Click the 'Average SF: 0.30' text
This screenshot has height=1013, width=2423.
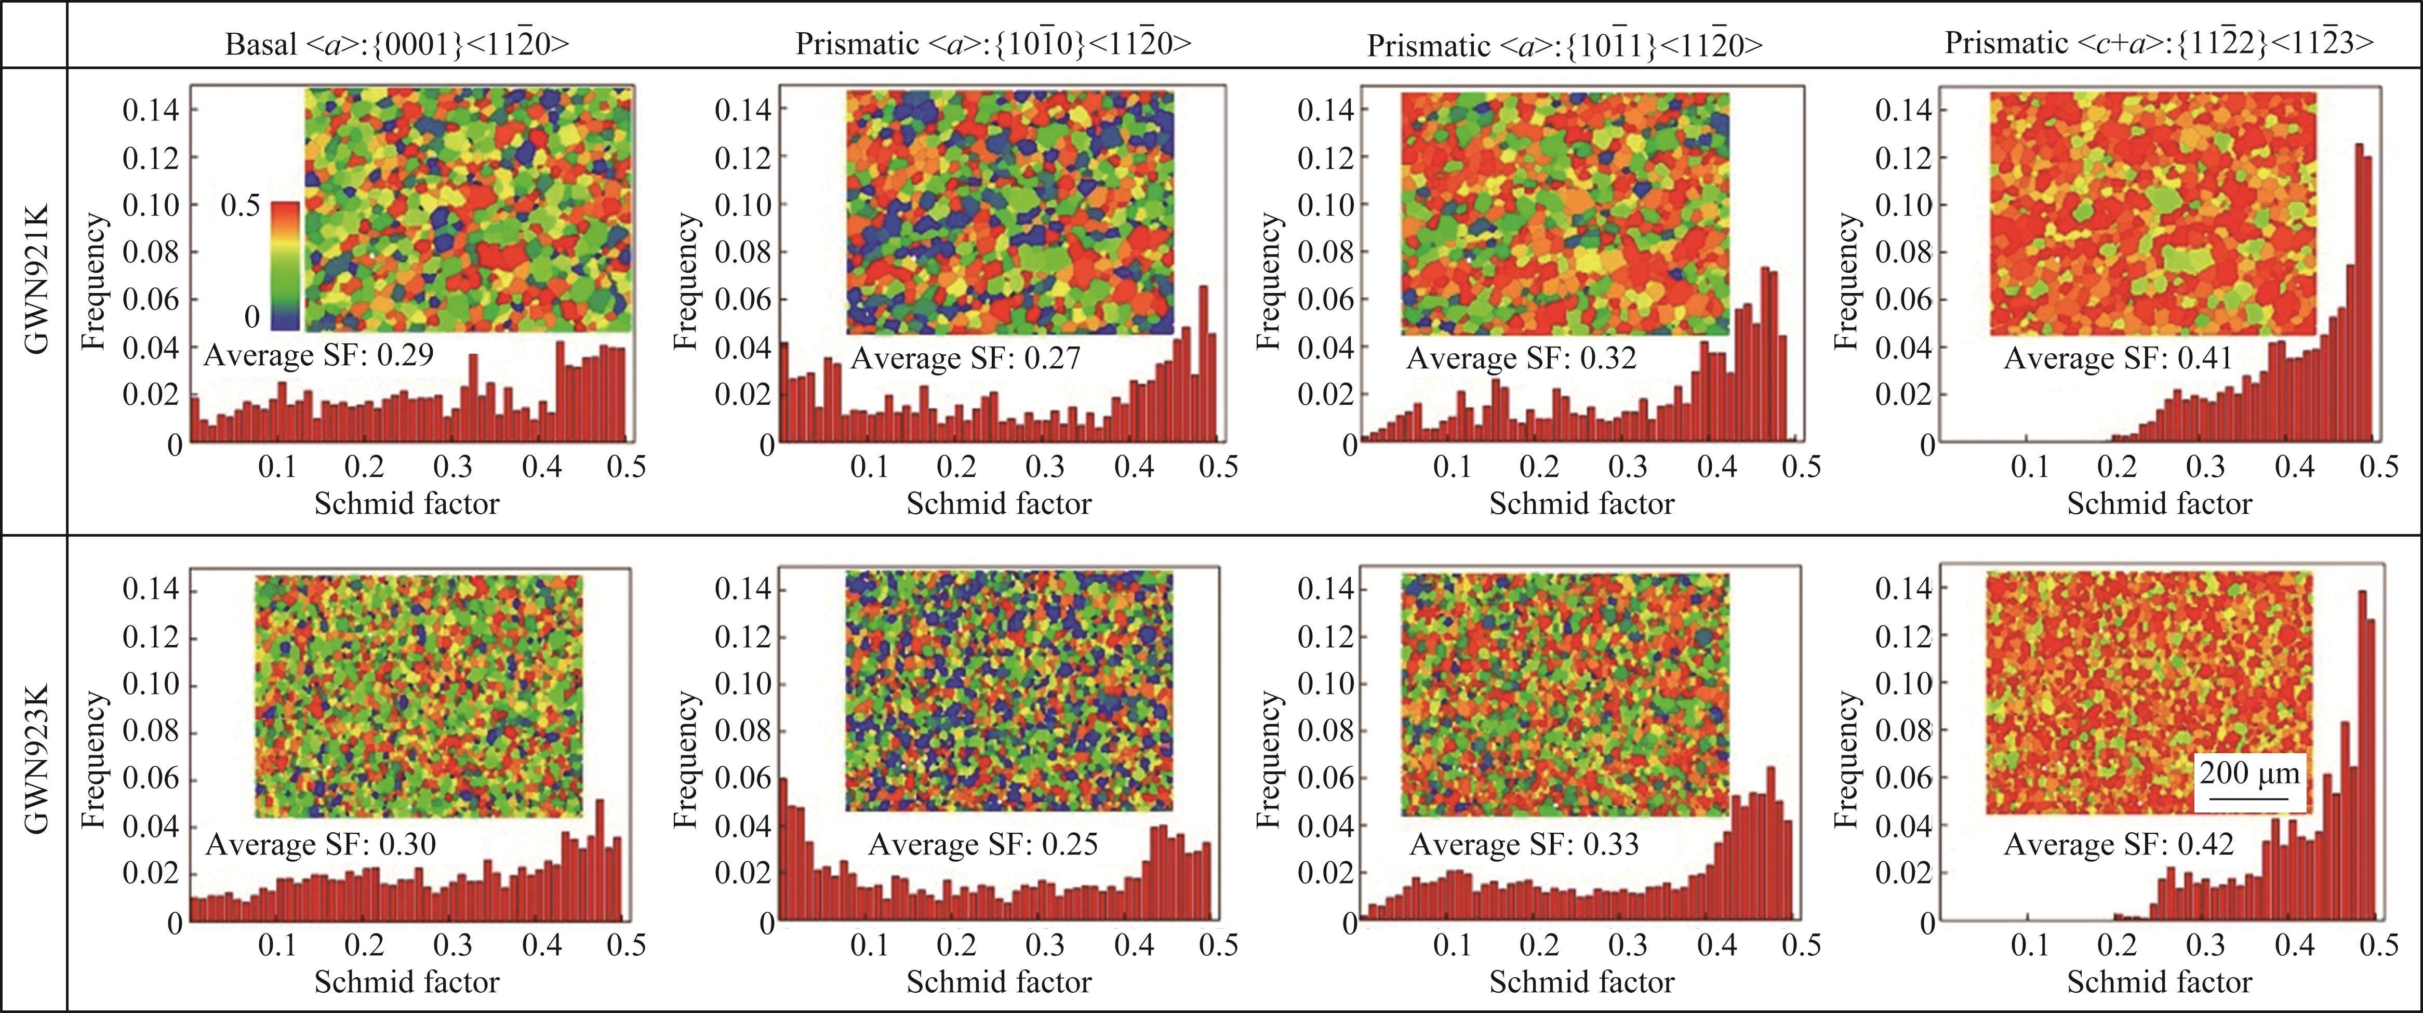click(x=320, y=844)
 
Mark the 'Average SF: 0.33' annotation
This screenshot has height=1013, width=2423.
click(x=1524, y=844)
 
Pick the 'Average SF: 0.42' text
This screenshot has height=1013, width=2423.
click(x=2118, y=844)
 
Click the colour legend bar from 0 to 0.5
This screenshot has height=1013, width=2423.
click(x=285, y=265)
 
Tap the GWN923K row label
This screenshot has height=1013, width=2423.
click(x=36, y=771)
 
